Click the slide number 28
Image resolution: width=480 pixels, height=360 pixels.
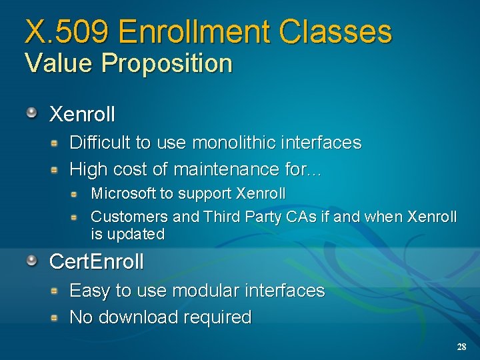pos(461,347)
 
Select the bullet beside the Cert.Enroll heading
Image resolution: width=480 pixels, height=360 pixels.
pos(32,260)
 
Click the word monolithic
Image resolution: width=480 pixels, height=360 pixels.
pos(232,143)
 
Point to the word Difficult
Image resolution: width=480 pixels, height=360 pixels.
pos(100,143)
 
